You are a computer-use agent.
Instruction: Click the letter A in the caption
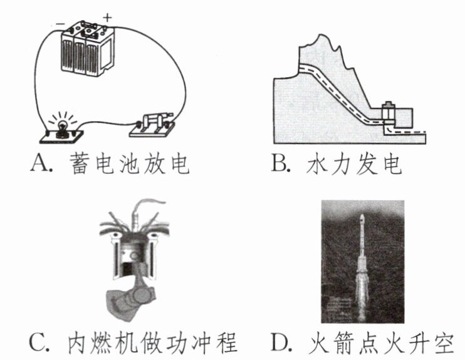38,165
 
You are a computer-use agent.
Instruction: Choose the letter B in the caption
280,165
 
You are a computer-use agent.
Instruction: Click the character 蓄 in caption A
78,164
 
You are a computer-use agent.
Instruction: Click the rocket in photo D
362,263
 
